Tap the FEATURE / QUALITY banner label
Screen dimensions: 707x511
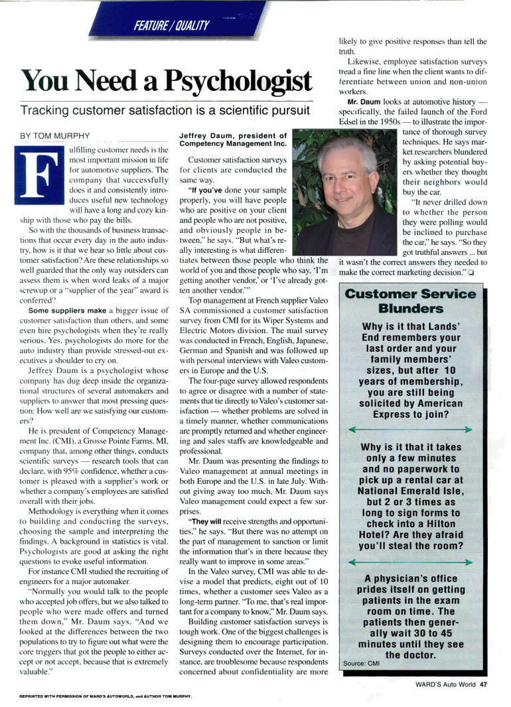click(x=171, y=25)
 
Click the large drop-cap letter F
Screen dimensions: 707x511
click(x=38, y=176)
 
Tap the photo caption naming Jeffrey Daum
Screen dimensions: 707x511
click(x=232, y=139)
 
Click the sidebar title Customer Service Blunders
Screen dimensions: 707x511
click(x=411, y=301)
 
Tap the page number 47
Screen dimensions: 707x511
click(x=484, y=686)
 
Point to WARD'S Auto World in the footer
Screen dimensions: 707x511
click(x=445, y=686)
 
